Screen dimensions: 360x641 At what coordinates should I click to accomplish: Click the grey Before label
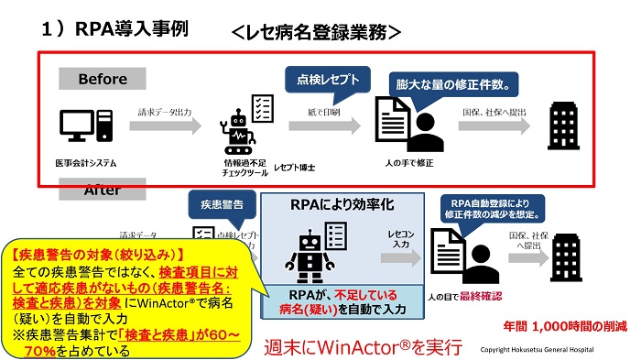pyautogui.click(x=103, y=80)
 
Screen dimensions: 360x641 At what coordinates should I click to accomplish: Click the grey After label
pyautogui.click(x=103, y=191)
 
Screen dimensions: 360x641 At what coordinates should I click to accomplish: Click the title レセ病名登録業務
pyautogui.click(x=316, y=31)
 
